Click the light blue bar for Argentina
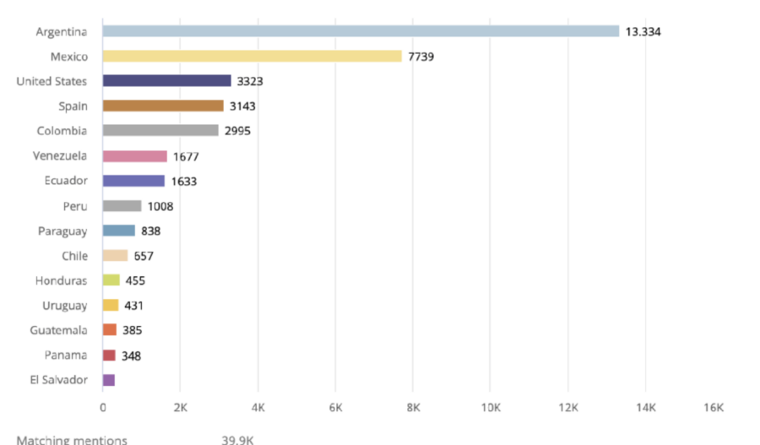pos(361,31)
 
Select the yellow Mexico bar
pos(252,57)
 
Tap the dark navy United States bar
pos(166,81)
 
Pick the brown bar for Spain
pos(163,106)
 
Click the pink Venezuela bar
pos(134,156)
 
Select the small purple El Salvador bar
pos(108,380)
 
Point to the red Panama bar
pos(109,355)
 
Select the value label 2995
pos(237,131)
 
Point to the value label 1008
pos(160,206)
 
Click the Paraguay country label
pos(62,231)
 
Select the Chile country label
pos(74,256)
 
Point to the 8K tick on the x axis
pos(413,408)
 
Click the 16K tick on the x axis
pos(714,408)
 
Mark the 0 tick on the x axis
pos(103,408)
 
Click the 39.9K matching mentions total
pos(237,439)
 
